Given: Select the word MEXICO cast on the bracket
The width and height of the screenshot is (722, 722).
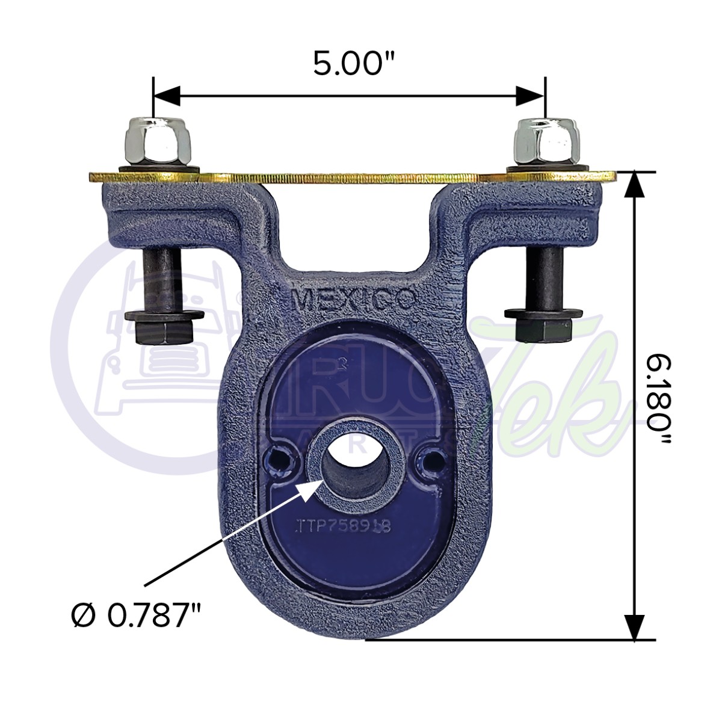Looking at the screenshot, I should click(x=353, y=299).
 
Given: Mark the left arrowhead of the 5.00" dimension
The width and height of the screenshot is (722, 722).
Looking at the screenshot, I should click(x=167, y=95).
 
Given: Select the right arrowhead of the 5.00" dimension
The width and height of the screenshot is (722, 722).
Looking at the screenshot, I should click(x=531, y=95).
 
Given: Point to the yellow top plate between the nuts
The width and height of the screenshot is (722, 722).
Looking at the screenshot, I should click(x=349, y=177).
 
